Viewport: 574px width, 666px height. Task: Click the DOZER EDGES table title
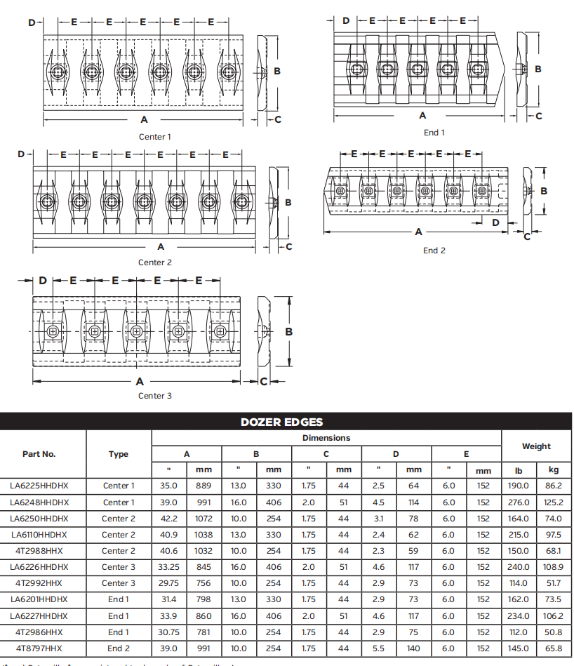click(281, 422)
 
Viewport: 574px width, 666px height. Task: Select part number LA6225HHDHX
click(39, 485)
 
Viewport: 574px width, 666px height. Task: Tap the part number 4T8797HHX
click(39, 648)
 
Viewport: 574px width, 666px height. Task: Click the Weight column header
click(536, 446)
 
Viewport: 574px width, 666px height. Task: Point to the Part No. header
click(39, 454)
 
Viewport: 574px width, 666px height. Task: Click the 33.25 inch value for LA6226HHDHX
click(169, 567)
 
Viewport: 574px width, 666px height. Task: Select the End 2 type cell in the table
click(119, 648)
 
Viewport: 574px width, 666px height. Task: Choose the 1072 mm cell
click(203, 519)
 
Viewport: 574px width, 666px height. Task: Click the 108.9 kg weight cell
click(553, 567)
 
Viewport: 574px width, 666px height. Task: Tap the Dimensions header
click(326, 438)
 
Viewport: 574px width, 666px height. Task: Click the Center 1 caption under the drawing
click(154, 137)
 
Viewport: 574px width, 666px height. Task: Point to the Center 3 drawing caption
click(154, 396)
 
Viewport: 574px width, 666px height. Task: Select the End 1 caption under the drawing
click(434, 133)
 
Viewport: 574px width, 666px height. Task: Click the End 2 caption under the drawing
click(434, 251)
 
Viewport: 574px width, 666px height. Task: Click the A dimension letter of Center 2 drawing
click(161, 246)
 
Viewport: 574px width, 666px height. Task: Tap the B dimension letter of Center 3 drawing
click(288, 332)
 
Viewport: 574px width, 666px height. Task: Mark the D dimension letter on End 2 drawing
click(495, 222)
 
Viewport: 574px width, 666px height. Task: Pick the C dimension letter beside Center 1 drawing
click(278, 119)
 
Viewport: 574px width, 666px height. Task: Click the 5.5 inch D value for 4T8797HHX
click(379, 648)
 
